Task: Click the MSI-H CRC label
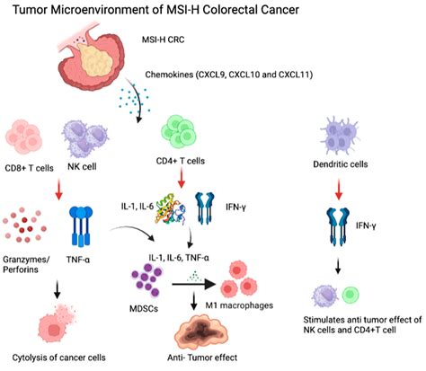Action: click(163, 40)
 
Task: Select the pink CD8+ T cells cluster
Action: click(23, 137)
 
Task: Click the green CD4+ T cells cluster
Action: click(179, 132)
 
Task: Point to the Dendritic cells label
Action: click(341, 164)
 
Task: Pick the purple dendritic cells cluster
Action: click(340, 136)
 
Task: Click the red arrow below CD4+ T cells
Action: click(181, 178)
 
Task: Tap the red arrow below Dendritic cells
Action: click(339, 190)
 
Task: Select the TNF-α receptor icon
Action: click(81, 226)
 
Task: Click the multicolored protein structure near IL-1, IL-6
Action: click(171, 209)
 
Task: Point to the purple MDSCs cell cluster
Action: click(146, 281)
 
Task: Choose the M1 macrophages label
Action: click(239, 305)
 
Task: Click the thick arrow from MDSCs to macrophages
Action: click(194, 284)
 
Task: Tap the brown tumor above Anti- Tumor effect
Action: click(201, 332)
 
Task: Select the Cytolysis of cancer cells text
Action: click(58, 358)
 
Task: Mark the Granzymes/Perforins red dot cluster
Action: click(24, 225)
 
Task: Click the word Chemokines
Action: click(169, 75)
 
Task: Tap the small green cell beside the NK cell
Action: click(351, 295)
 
